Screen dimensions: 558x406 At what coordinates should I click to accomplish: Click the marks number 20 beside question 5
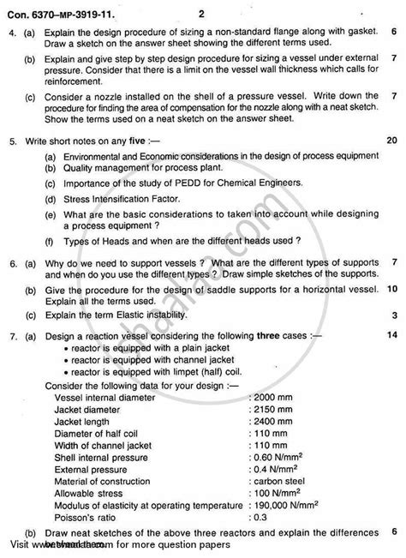click(391, 140)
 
